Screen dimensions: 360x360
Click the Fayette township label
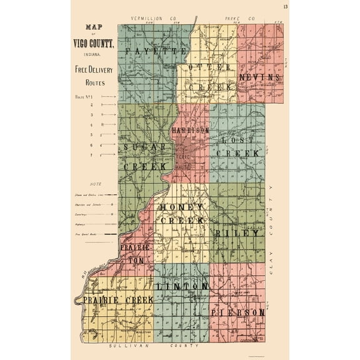pyautogui.click(x=148, y=49)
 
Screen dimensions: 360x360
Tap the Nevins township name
pyautogui.click(x=260, y=76)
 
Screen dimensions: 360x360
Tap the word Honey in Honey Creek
pyautogui.click(x=181, y=207)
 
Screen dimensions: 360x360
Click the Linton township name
pyautogui.click(x=182, y=286)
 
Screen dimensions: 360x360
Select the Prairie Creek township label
pyautogui.click(x=118, y=301)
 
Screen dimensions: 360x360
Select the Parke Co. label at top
pyautogui.click(x=244, y=19)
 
